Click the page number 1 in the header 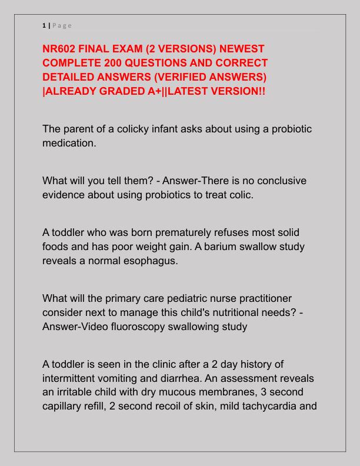pyautogui.click(x=44, y=25)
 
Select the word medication pyautogui.click(x=68, y=143)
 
